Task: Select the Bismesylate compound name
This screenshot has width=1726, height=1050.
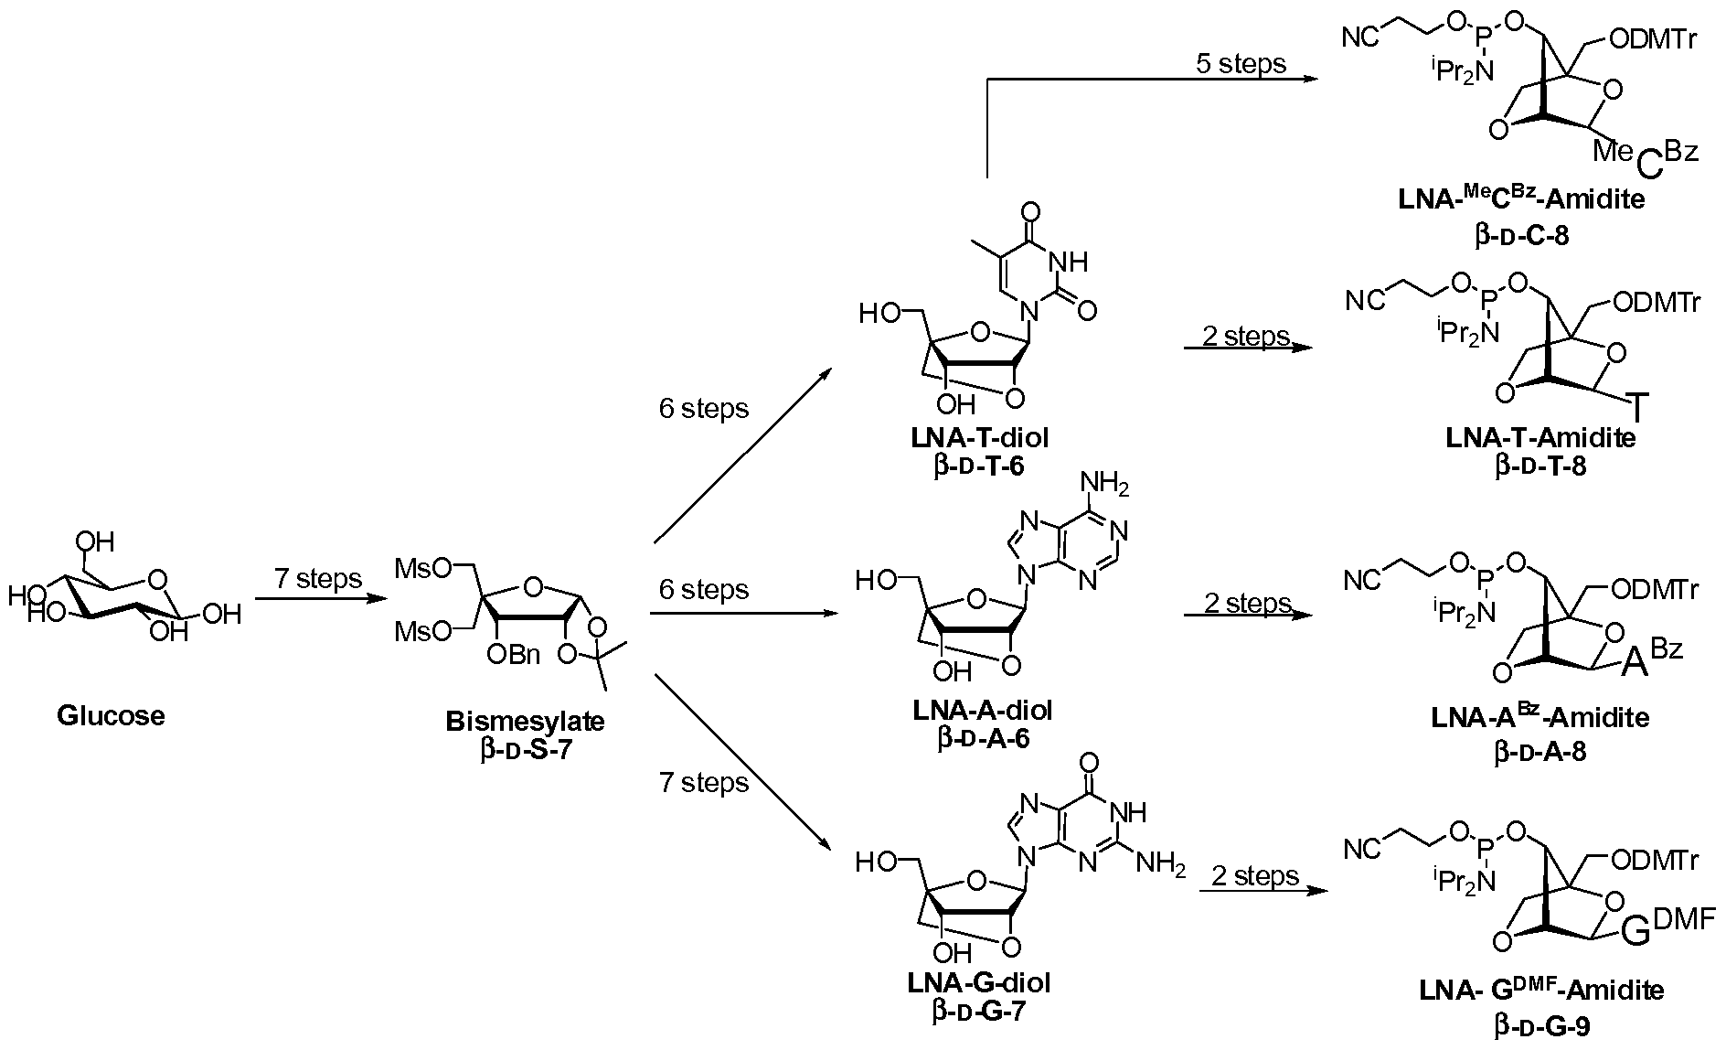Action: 525,721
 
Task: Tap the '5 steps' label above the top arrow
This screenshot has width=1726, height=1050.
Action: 1241,63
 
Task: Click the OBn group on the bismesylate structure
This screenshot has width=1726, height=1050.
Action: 514,655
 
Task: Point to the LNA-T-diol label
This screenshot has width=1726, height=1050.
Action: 979,438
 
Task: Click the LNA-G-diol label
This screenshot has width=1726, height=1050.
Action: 979,982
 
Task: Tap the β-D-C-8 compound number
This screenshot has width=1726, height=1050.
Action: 1521,236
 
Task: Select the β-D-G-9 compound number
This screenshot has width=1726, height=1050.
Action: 1540,1026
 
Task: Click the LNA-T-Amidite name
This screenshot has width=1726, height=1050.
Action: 1540,438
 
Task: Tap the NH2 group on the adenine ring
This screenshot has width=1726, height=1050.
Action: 1103,484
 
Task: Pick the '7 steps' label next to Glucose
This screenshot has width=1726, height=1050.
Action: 317,579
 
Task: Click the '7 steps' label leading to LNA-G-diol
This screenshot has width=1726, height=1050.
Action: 703,783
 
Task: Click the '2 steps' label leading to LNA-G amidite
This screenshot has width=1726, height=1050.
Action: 1254,876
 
